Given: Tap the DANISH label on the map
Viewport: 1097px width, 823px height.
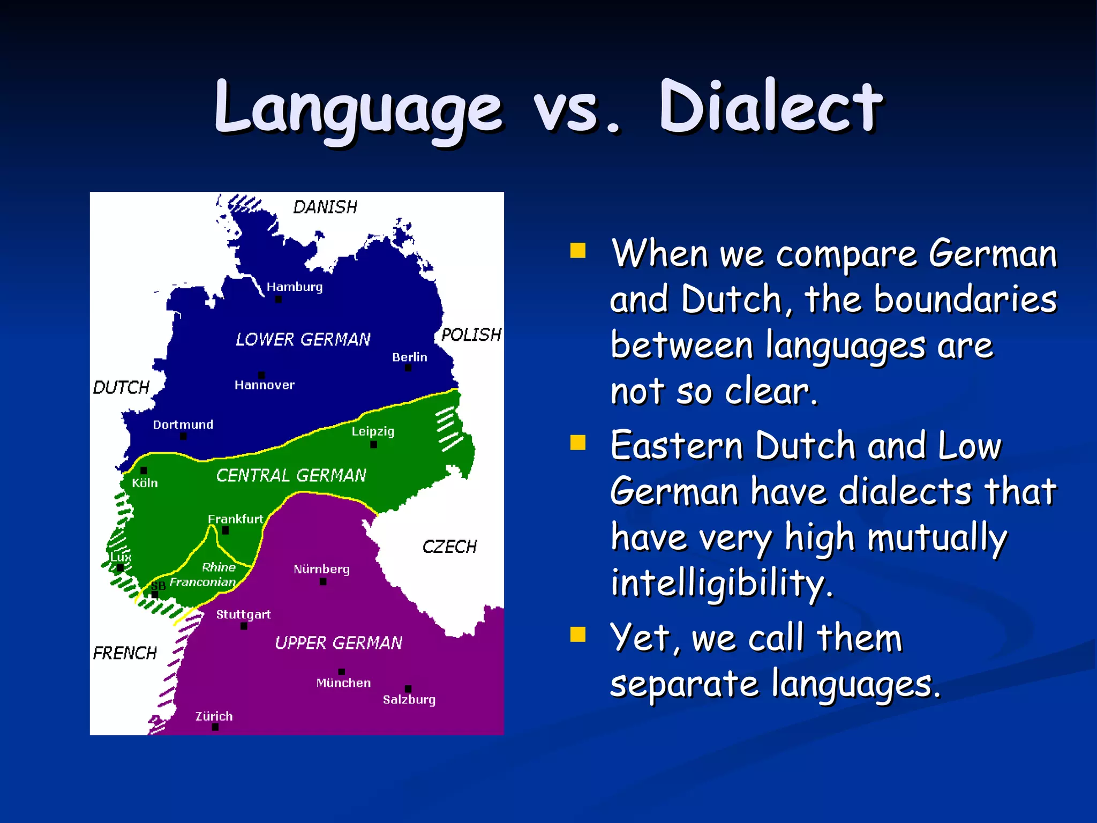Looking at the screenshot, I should [x=325, y=207].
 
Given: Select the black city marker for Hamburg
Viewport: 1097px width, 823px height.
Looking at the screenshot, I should [x=278, y=300].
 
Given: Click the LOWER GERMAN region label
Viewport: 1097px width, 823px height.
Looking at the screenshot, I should [x=303, y=339].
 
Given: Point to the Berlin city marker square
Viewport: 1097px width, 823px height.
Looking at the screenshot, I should [x=408, y=368].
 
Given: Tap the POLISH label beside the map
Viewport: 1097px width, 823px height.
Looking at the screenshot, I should [x=471, y=335].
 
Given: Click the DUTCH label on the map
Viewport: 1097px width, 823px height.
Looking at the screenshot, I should [x=121, y=387].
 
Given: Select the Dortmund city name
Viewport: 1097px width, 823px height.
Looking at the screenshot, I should [x=183, y=425].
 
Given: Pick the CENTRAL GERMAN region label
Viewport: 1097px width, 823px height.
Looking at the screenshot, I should [x=291, y=475].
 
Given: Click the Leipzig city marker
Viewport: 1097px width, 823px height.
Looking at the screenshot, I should [x=373, y=445].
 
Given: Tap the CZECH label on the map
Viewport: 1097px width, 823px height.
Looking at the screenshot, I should [x=449, y=547].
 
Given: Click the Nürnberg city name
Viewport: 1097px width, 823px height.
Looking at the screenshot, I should [x=321, y=569].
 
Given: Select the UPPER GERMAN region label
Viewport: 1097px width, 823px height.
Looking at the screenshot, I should [x=339, y=642].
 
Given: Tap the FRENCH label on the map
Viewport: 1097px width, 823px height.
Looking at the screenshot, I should [x=125, y=653].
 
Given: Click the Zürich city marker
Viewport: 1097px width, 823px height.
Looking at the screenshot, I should [x=215, y=727].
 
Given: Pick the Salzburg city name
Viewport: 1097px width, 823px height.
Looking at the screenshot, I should [x=409, y=700].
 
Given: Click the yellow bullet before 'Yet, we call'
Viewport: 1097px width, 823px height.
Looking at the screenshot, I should [x=578, y=634].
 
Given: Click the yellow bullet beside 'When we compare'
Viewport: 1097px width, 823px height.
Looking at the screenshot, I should [x=578, y=250].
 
